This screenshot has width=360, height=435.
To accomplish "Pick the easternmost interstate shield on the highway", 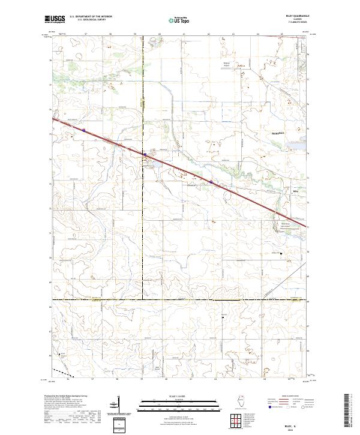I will tap(211, 182).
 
